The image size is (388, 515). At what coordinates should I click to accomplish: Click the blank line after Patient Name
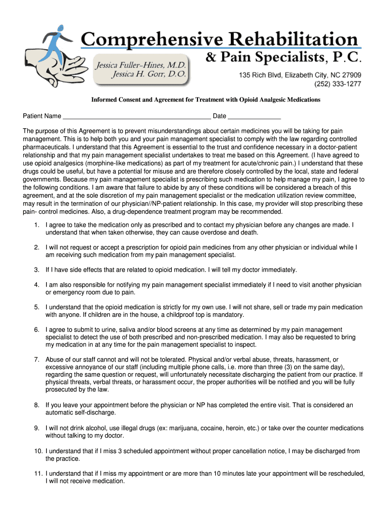tap(136, 117)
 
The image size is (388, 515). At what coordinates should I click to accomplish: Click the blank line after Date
tap(254, 117)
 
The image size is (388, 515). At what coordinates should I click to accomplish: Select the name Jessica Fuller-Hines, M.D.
tap(142, 65)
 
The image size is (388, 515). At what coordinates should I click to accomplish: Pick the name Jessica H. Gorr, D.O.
tap(149, 74)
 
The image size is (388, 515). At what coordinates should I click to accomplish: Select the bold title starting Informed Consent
tap(206, 100)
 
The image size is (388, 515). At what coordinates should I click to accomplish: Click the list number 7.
tap(36, 360)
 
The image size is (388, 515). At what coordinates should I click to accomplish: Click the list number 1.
tap(36, 225)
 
